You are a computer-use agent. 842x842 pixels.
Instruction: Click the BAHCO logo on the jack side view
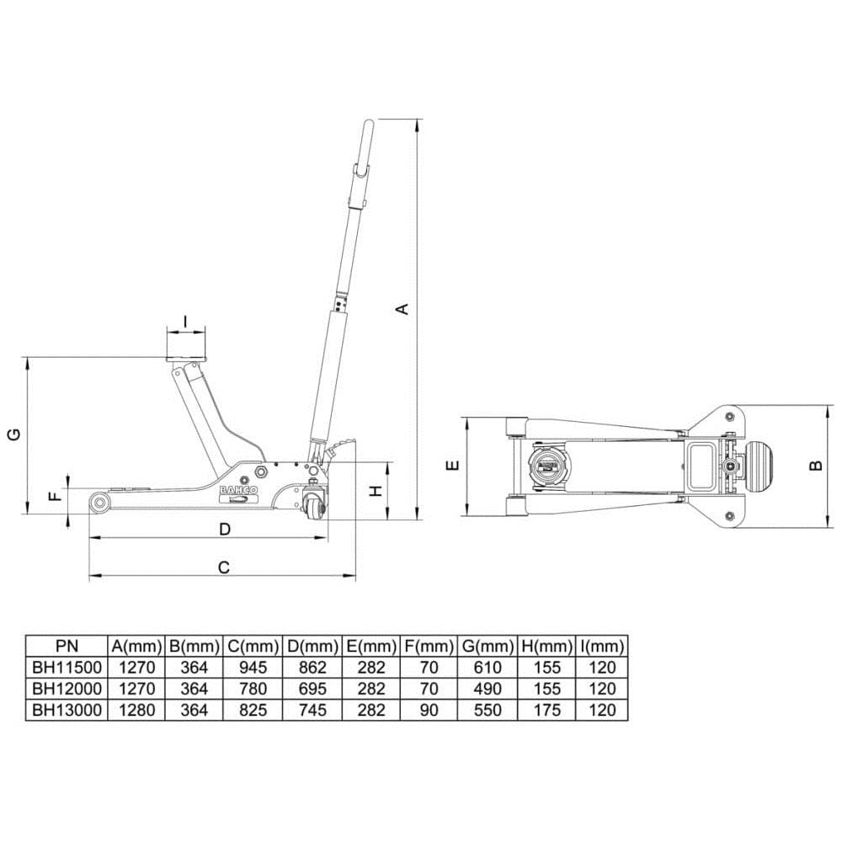click(x=238, y=490)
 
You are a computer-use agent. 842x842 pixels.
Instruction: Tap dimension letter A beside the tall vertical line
click(x=402, y=309)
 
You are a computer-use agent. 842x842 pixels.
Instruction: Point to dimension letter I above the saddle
click(x=186, y=321)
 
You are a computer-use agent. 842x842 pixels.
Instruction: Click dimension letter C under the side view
click(x=224, y=567)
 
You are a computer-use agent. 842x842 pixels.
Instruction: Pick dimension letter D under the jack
click(x=225, y=529)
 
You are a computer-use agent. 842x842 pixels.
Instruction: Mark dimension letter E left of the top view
click(x=454, y=465)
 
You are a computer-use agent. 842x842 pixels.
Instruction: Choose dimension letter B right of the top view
click(x=816, y=465)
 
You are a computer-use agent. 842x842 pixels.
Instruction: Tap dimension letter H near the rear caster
click(x=376, y=490)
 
